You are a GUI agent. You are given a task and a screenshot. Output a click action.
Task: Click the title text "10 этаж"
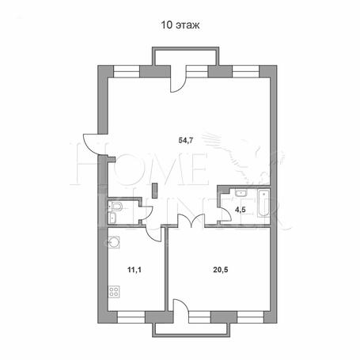tap(180, 25)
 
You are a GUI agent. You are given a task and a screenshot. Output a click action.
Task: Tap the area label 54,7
tap(186, 141)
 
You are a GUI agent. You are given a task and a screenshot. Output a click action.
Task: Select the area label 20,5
tap(221, 270)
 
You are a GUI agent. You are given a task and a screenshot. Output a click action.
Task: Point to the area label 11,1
tap(135, 270)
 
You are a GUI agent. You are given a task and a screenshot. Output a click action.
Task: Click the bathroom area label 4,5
tap(241, 210)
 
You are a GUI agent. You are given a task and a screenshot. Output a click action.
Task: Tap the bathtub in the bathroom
tap(263, 203)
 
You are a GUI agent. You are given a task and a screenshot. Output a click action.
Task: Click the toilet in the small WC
tap(116, 206)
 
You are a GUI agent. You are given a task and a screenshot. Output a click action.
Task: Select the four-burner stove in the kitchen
tap(114, 292)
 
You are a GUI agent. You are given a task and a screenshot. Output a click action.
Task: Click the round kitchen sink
tap(114, 242)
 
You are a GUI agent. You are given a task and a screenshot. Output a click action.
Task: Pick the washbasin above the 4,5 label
tap(241, 193)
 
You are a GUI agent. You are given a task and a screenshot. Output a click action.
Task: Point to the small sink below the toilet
tap(112, 218)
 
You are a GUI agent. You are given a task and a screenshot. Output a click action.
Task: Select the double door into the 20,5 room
tap(191, 220)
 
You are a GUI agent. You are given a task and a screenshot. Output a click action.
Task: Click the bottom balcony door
tap(180, 305)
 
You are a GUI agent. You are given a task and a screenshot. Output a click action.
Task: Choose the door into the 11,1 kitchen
tap(153, 233)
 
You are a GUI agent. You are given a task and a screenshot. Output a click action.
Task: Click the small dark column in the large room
tap(155, 191)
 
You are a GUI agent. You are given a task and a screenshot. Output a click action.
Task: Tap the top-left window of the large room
tap(127, 71)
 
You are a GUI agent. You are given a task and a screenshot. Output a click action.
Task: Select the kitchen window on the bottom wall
tap(131, 317)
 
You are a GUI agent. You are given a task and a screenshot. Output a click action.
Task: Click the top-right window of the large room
tap(246, 71)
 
